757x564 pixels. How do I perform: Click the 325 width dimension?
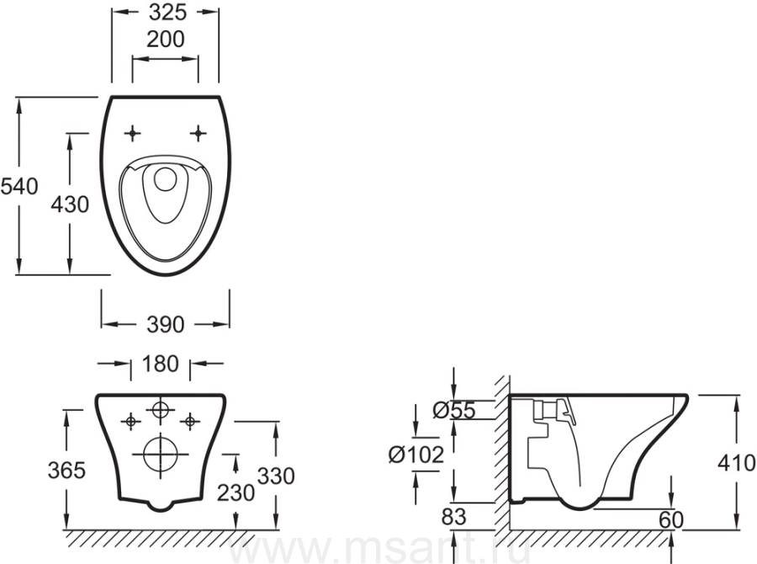click(167, 13)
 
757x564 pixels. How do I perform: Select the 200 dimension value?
click(166, 40)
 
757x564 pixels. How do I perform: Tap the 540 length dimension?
click(19, 187)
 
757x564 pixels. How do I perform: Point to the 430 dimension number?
click(70, 205)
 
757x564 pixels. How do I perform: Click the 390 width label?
click(166, 325)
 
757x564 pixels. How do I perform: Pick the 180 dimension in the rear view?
click(161, 364)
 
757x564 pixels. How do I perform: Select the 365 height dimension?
click(66, 470)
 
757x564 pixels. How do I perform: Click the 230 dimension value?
click(236, 493)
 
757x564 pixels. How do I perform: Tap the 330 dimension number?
click(276, 476)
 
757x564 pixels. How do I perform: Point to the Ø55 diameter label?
click(454, 410)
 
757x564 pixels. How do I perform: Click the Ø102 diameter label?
click(416, 455)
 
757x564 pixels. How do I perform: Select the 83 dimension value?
click(454, 517)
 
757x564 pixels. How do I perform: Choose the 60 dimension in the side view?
click(671, 520)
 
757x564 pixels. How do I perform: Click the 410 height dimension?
click(736, 463)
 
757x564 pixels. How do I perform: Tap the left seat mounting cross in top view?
click(132, 133)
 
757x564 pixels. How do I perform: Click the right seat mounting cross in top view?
click(198, 133)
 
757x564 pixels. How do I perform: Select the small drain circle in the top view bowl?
click(166, 179)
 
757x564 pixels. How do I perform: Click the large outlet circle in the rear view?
click(161, 455)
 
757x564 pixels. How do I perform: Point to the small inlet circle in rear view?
click(161, 410)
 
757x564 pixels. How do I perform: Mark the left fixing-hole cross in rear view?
click(130, 422)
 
